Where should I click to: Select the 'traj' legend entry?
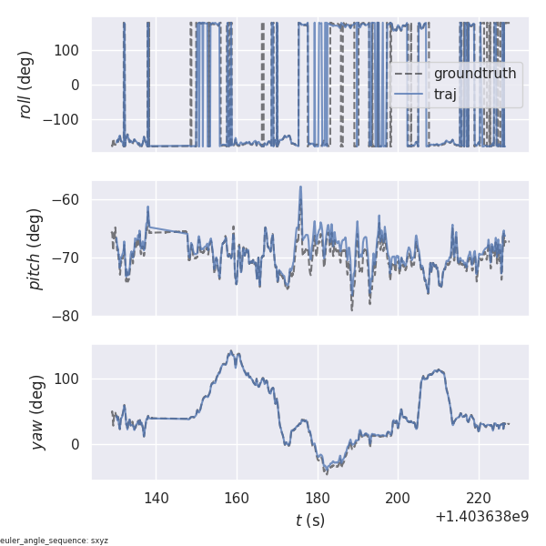pyautogui.click(x=445, y=94)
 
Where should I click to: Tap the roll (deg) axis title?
pyautogui.click(x=26, y=85)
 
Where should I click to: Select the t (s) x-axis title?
pyautogui.click(x=309, y=521)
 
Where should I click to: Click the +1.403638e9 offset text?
pyautogui.click(x=481, y=517)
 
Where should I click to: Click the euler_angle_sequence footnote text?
pyautogui.click(x=55, y=541)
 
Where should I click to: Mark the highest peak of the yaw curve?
pyautogui.click(x=232, y=351)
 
